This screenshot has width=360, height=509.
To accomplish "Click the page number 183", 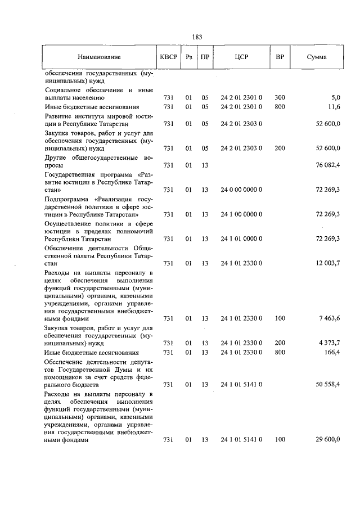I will pyautogui.click(x=197, y=37).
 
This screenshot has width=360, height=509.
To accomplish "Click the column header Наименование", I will pyautogui.click(x=99, y=57).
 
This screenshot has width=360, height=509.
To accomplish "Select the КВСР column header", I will pyautogui.click(x=168, y=57).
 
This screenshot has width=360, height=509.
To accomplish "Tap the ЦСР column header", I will pyautogui.click(x=242, y=57).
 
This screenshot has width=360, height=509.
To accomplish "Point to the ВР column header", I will pyautogui.click(x=279, y=57).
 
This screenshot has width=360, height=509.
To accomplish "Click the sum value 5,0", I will pyautogui.click(x=335, y=97).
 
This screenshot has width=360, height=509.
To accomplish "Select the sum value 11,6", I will pyautogui.click(x=334, y=106).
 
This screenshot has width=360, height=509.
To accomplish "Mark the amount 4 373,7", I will pyautogui.click(x=329, y=343).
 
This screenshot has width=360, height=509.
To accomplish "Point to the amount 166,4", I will pyautogui.click(x=332, y=352).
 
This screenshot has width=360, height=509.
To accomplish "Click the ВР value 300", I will pyautogui.click(x=280, y=97).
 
